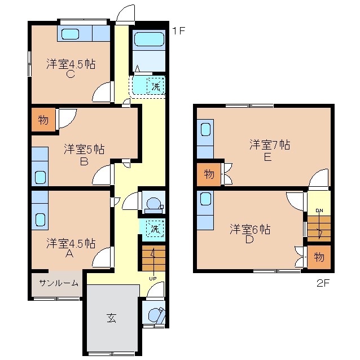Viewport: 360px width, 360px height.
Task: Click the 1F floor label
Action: tap(178, 31)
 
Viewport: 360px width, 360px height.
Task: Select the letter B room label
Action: tap(84, 162)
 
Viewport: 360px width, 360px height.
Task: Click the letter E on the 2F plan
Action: tap(267, 157)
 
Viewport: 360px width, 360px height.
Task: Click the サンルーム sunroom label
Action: tap(58, 283)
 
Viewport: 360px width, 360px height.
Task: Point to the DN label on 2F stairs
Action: tap(319, 211)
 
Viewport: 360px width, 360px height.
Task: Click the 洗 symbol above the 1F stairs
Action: tap(154, 229)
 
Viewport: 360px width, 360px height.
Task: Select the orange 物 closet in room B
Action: tap(43, 120)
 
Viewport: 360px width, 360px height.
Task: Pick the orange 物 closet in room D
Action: tap(319, 257)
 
